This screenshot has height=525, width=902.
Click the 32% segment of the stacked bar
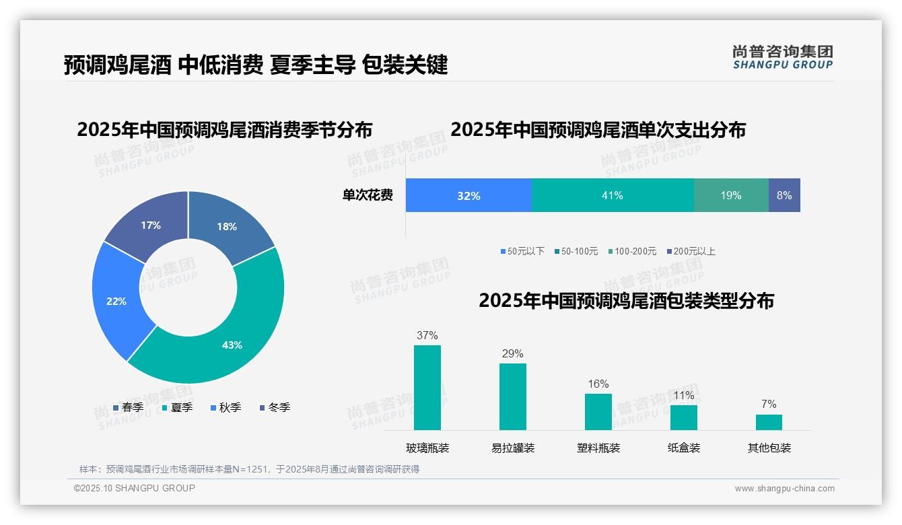(x=469, y=195)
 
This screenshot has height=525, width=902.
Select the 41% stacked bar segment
(x=613, y=195)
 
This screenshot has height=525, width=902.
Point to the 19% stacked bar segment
(x=731, y=195)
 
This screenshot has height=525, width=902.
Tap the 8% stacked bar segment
(x=784, y=195)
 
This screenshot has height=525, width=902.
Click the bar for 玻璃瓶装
(x=427, y=388)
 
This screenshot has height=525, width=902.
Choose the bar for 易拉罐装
(x=512, y=396)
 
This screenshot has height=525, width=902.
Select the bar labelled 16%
(x=598, y=411)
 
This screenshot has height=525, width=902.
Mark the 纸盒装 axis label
(x=684, y=448)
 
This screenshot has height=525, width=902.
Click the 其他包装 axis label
(x=769, y=448)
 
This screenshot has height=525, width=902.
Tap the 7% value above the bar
(x=769, y=404)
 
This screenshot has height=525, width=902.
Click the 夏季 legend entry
(x=178, y=407)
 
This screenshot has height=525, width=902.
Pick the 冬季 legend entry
(x=275, y=407)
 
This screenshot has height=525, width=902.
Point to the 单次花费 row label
(x=368, y=195)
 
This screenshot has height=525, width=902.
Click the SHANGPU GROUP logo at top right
(x=782, y=57)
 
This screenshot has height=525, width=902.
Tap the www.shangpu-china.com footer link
(x=784, y=488)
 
